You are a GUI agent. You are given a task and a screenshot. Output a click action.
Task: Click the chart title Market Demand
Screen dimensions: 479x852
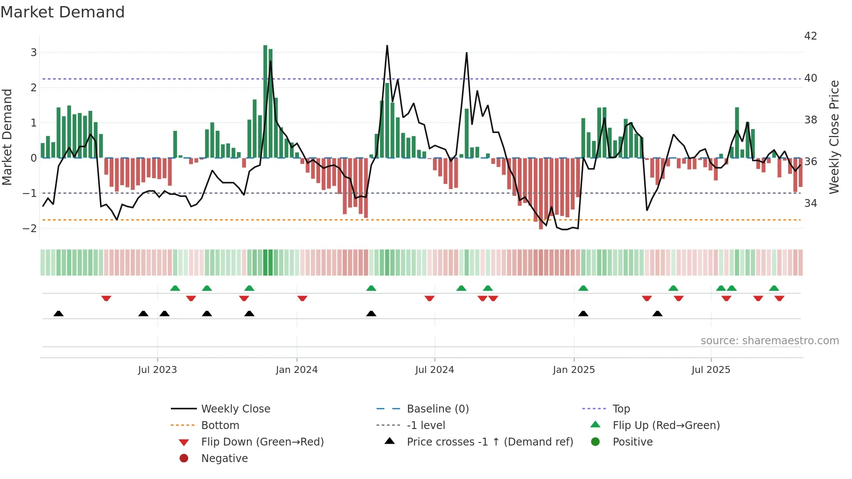[x=63, y=12]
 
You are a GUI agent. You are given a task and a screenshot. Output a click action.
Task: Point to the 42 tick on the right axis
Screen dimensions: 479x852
[x=810, y=36]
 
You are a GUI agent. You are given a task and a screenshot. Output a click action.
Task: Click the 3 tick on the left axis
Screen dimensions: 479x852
[x=33, y=53]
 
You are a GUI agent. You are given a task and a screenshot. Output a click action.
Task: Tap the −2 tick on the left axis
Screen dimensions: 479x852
[x=30, y=228]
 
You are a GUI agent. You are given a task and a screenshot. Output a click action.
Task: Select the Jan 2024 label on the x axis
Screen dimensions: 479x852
[x=296, y=370]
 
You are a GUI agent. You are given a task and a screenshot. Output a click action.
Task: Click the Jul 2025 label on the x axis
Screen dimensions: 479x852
[x=711, y=370]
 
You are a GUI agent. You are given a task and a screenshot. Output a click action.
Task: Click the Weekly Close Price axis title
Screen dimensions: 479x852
[x=834, y=137]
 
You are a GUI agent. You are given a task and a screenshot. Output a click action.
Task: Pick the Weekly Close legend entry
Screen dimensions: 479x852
[x=235, y=409]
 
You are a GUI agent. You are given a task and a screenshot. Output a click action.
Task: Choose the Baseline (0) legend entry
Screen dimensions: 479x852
[x=437, y=409]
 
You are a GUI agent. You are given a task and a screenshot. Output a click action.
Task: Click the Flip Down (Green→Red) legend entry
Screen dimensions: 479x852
[x=262, y=442]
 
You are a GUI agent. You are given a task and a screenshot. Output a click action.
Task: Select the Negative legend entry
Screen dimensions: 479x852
[x=224, y=459]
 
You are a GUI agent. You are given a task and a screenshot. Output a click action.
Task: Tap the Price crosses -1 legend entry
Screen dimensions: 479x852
[x=489, y=442]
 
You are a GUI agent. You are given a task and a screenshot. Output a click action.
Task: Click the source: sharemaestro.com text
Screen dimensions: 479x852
[x=769, y=341]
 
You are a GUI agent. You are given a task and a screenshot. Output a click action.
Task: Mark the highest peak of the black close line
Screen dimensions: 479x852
[x=387, y=46]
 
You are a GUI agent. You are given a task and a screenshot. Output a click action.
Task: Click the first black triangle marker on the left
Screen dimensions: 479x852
[x=58, y=313]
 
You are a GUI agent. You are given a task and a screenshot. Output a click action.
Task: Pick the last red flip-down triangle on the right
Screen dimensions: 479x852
[x=779, y=298]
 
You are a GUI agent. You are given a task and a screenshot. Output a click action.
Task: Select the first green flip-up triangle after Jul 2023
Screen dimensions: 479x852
[x=175, y=288]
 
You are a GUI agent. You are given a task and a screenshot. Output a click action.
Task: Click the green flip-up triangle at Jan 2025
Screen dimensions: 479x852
[x=583, y=288]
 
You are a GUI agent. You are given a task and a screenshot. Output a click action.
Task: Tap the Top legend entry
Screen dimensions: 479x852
[x=621, y=409]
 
